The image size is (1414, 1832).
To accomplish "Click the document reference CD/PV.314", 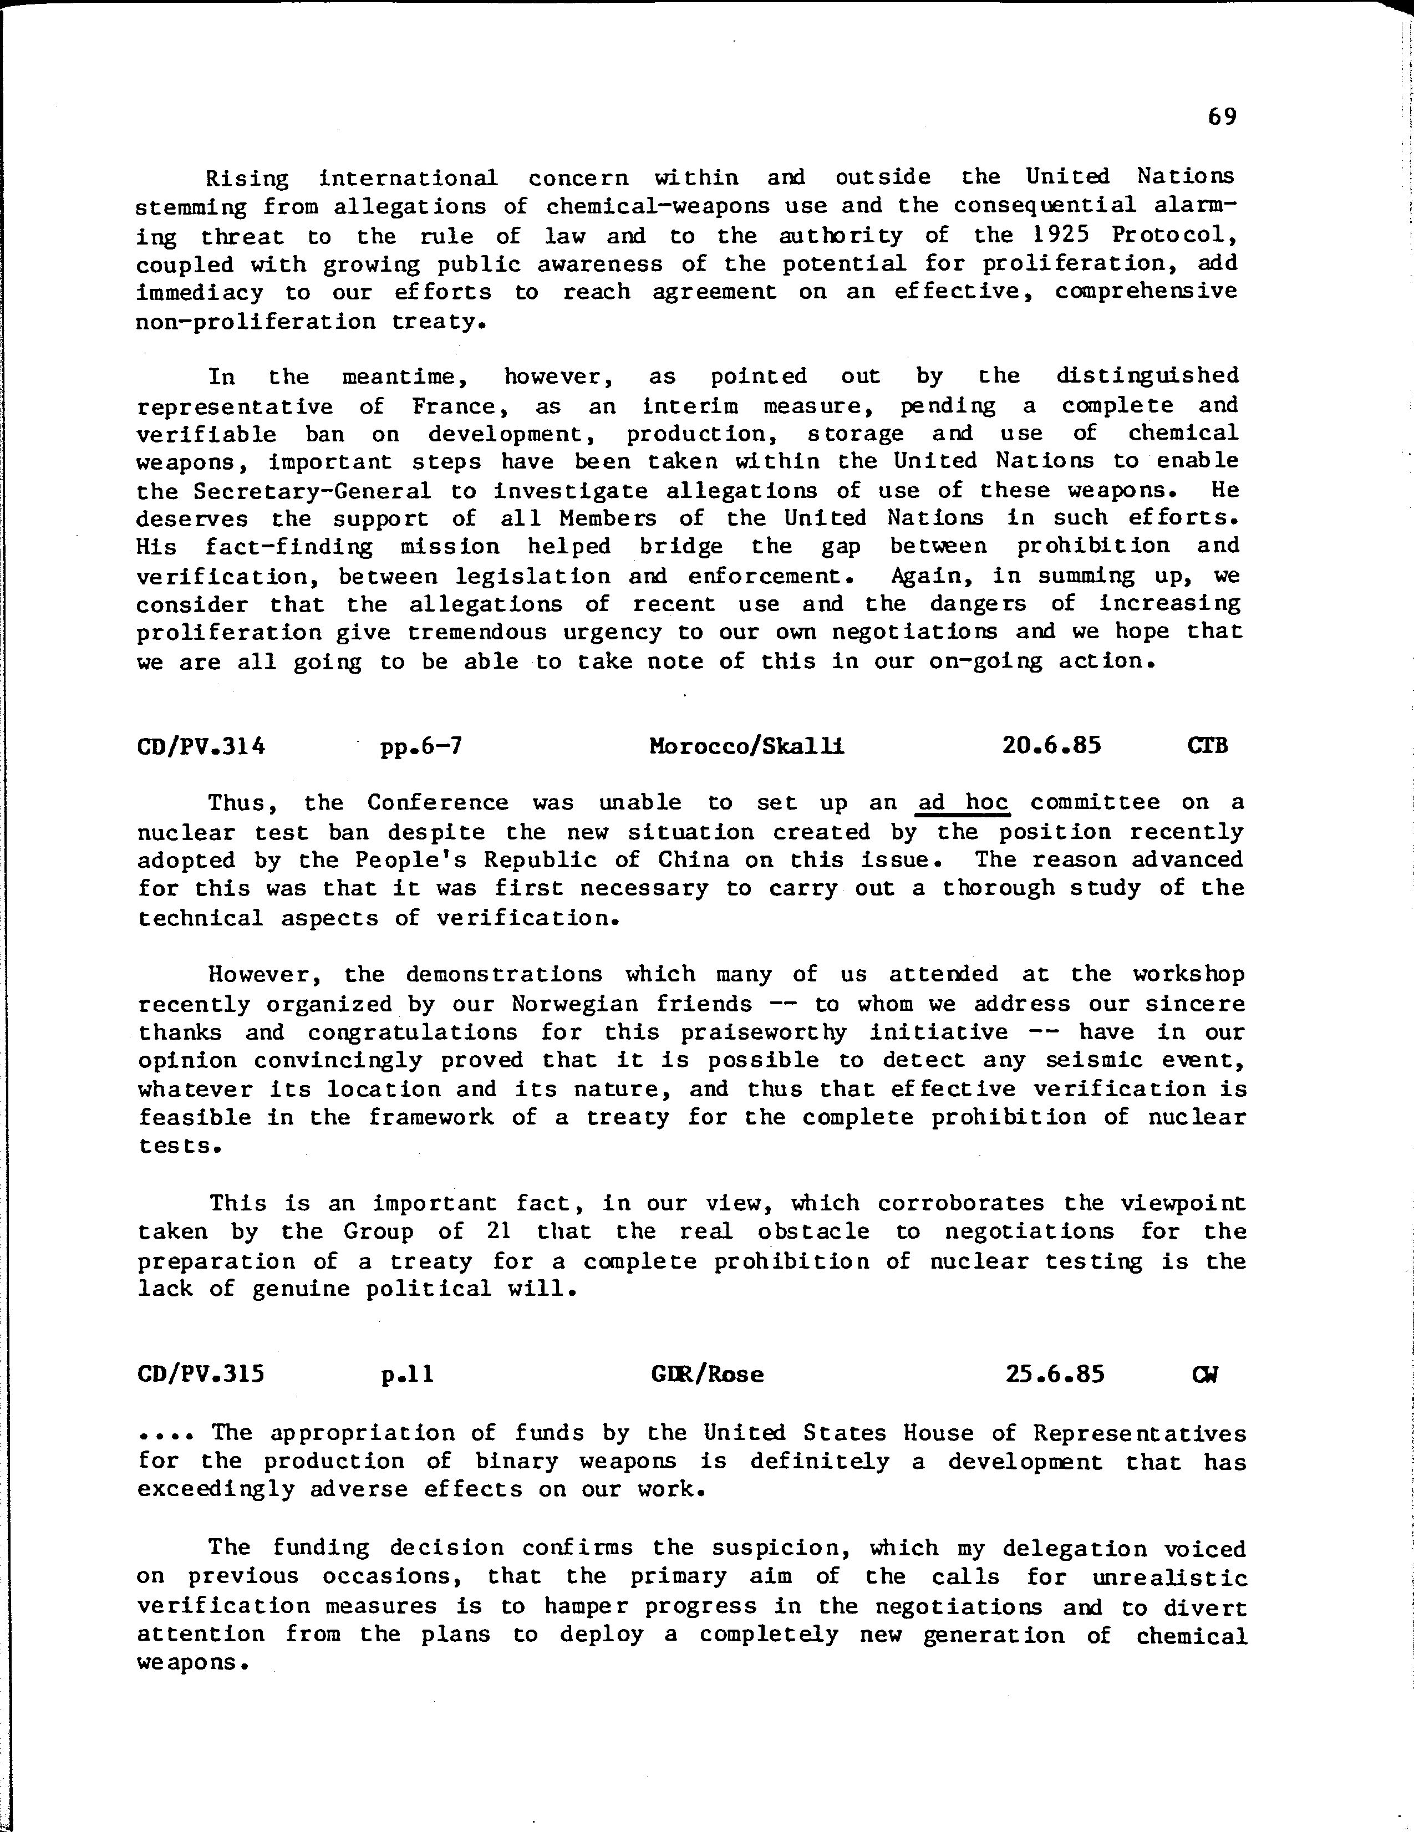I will tap(200, 745).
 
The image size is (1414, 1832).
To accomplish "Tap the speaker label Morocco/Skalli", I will tap(746, 745).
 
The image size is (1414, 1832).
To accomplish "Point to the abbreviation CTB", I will tap(1208, 745).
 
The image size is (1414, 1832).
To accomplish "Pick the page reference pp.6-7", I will tap(421, 745).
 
